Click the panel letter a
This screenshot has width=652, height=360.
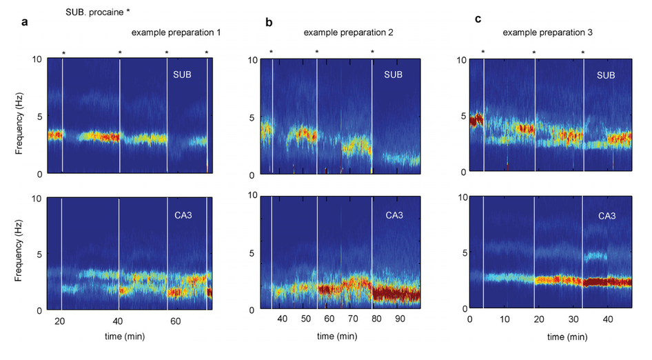click(25, 22)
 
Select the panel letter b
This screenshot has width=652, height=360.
click(269, 23)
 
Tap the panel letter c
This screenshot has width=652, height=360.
click(478, 19)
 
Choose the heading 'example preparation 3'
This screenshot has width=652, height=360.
click(544, 32)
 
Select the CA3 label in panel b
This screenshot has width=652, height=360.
click(394, 216)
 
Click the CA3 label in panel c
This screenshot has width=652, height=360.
click(606, 216)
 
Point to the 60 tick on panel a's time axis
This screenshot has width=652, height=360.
click(175, 321)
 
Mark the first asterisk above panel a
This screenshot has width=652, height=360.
click(63, 53)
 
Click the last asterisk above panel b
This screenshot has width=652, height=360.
click(372, 52)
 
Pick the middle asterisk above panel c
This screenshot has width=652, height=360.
click(534, 52)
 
